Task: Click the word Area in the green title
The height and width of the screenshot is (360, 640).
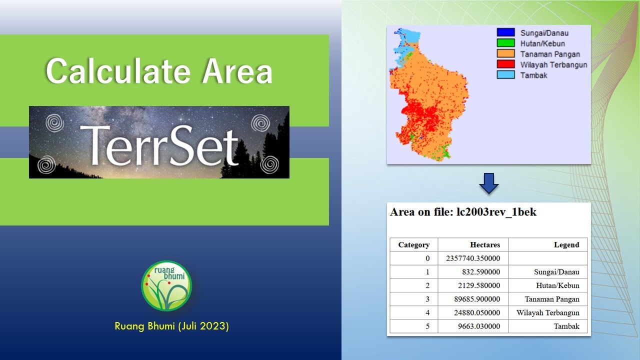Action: click(x=237, y=71)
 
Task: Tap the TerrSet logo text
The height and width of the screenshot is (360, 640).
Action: click(x=159, y=144)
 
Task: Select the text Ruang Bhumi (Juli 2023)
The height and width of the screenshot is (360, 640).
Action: click(x=171, y=326)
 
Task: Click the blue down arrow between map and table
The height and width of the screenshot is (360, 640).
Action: click(x=488, y=183)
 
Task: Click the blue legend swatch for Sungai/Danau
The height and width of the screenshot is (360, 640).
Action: click(x=505, y=33)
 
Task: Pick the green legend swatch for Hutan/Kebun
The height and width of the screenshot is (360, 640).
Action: click(x=505, y=43)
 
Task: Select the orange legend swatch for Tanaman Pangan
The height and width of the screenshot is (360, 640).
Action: click(x=505, y=54)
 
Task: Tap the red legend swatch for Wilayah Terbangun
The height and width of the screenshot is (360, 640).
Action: click(x=505, y=64)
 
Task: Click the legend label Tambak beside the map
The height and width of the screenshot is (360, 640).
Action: click(x=533, y=75)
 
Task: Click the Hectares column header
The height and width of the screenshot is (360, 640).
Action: click(x=484, y=244)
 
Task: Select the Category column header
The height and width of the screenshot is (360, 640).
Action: click(x=413, y=244)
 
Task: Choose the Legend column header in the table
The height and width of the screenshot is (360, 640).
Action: click(x=566, y=244)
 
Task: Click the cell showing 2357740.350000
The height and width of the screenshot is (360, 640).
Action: click(x=472, y=258)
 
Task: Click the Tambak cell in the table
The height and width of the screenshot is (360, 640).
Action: click(x=566, y=326)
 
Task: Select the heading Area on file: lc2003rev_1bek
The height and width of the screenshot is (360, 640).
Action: click(x=463, y=212)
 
